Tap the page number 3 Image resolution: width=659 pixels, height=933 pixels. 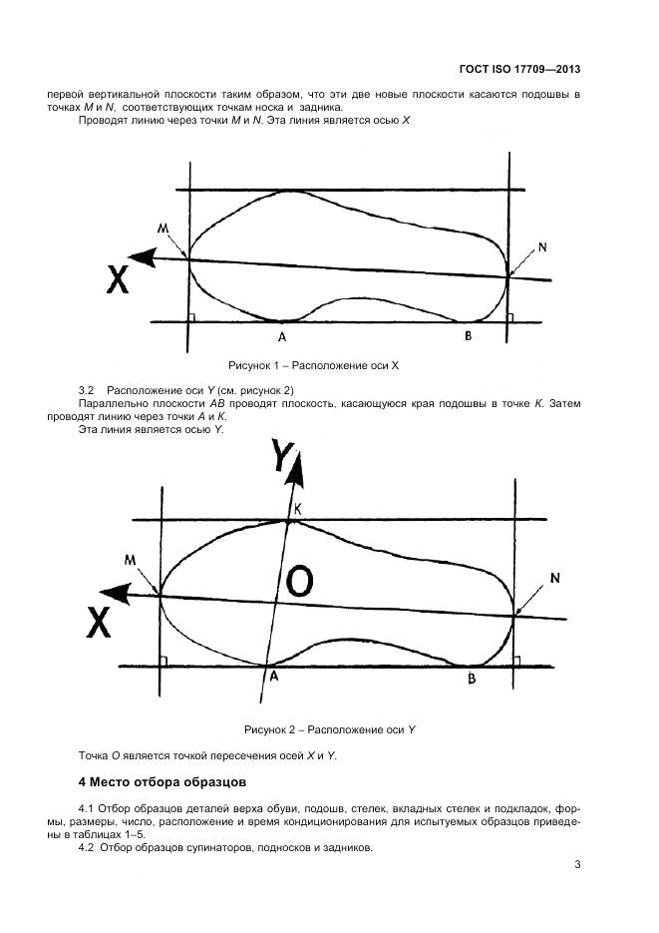coord(578,865)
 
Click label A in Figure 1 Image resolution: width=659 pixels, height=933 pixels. coord(282,336)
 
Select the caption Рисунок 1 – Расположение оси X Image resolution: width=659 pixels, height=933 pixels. coord(314,366)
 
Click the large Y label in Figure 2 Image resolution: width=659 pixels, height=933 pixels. coord(284,457)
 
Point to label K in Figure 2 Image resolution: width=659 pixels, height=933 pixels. coord(297,509)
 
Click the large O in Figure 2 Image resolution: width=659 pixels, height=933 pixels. coord(300,581)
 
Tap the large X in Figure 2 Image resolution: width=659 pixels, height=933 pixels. coord(98,624)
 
